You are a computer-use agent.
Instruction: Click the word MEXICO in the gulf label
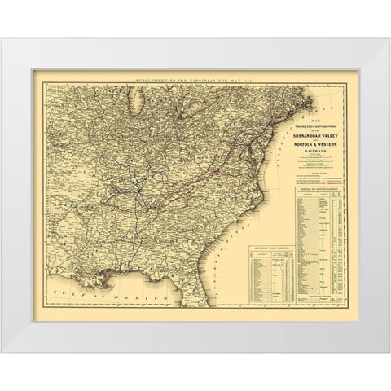pyautogui.click(x=110, y=291)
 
